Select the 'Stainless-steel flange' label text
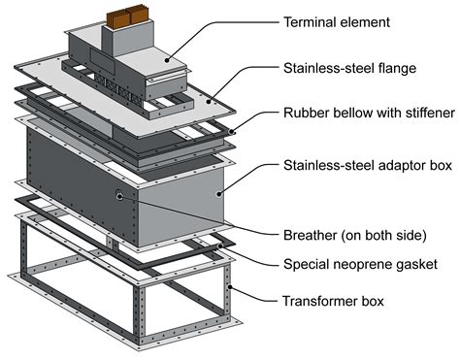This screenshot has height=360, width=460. pyautogui.click(x=348, y=68)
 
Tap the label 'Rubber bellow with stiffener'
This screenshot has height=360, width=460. pyautogui.click(x=368, y=113)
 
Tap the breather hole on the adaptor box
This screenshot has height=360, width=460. pyautogui.click(x=119, y=195)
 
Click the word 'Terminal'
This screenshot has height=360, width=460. pyautogui.click(x=307, y=21)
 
